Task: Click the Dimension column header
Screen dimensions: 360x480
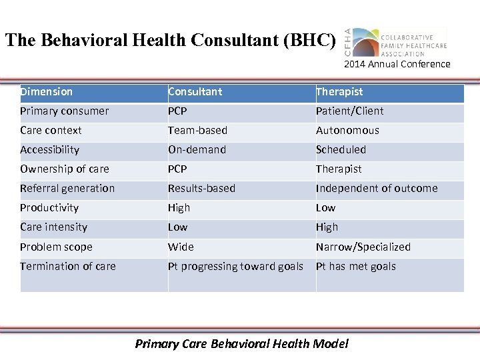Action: click(x=47, y=92)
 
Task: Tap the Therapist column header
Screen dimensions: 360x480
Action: click(x=339, y=92)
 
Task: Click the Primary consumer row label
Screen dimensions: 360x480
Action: click(x=65, y=111)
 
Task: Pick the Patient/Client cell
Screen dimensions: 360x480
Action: click(x=350, y=111)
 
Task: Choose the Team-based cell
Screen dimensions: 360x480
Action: click(x=197, y=131)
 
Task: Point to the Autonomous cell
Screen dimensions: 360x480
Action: click(x=347, y=131)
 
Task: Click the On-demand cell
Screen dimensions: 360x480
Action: click(x=197, y=150)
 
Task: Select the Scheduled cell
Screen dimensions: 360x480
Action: click(x=341, y=150)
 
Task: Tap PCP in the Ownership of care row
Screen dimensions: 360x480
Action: click(x=177, y=169)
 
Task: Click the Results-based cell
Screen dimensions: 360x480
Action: click(x=201, y=189)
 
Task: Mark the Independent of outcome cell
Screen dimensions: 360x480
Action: click(x=377, y=189)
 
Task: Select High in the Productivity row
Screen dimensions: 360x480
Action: click(x=179, y=208)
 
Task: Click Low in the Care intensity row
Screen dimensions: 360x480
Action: click(x=177, y=227)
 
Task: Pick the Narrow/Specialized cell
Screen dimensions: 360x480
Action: click(x=363, y=247)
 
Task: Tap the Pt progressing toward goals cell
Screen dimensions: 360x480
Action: click(x=235, y=267)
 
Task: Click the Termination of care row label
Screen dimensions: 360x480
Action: click(x=68, y=267)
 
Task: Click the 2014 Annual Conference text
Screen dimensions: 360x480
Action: click(x=397, y=65)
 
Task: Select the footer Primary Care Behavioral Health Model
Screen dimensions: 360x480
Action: click(x=241, y=344)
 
